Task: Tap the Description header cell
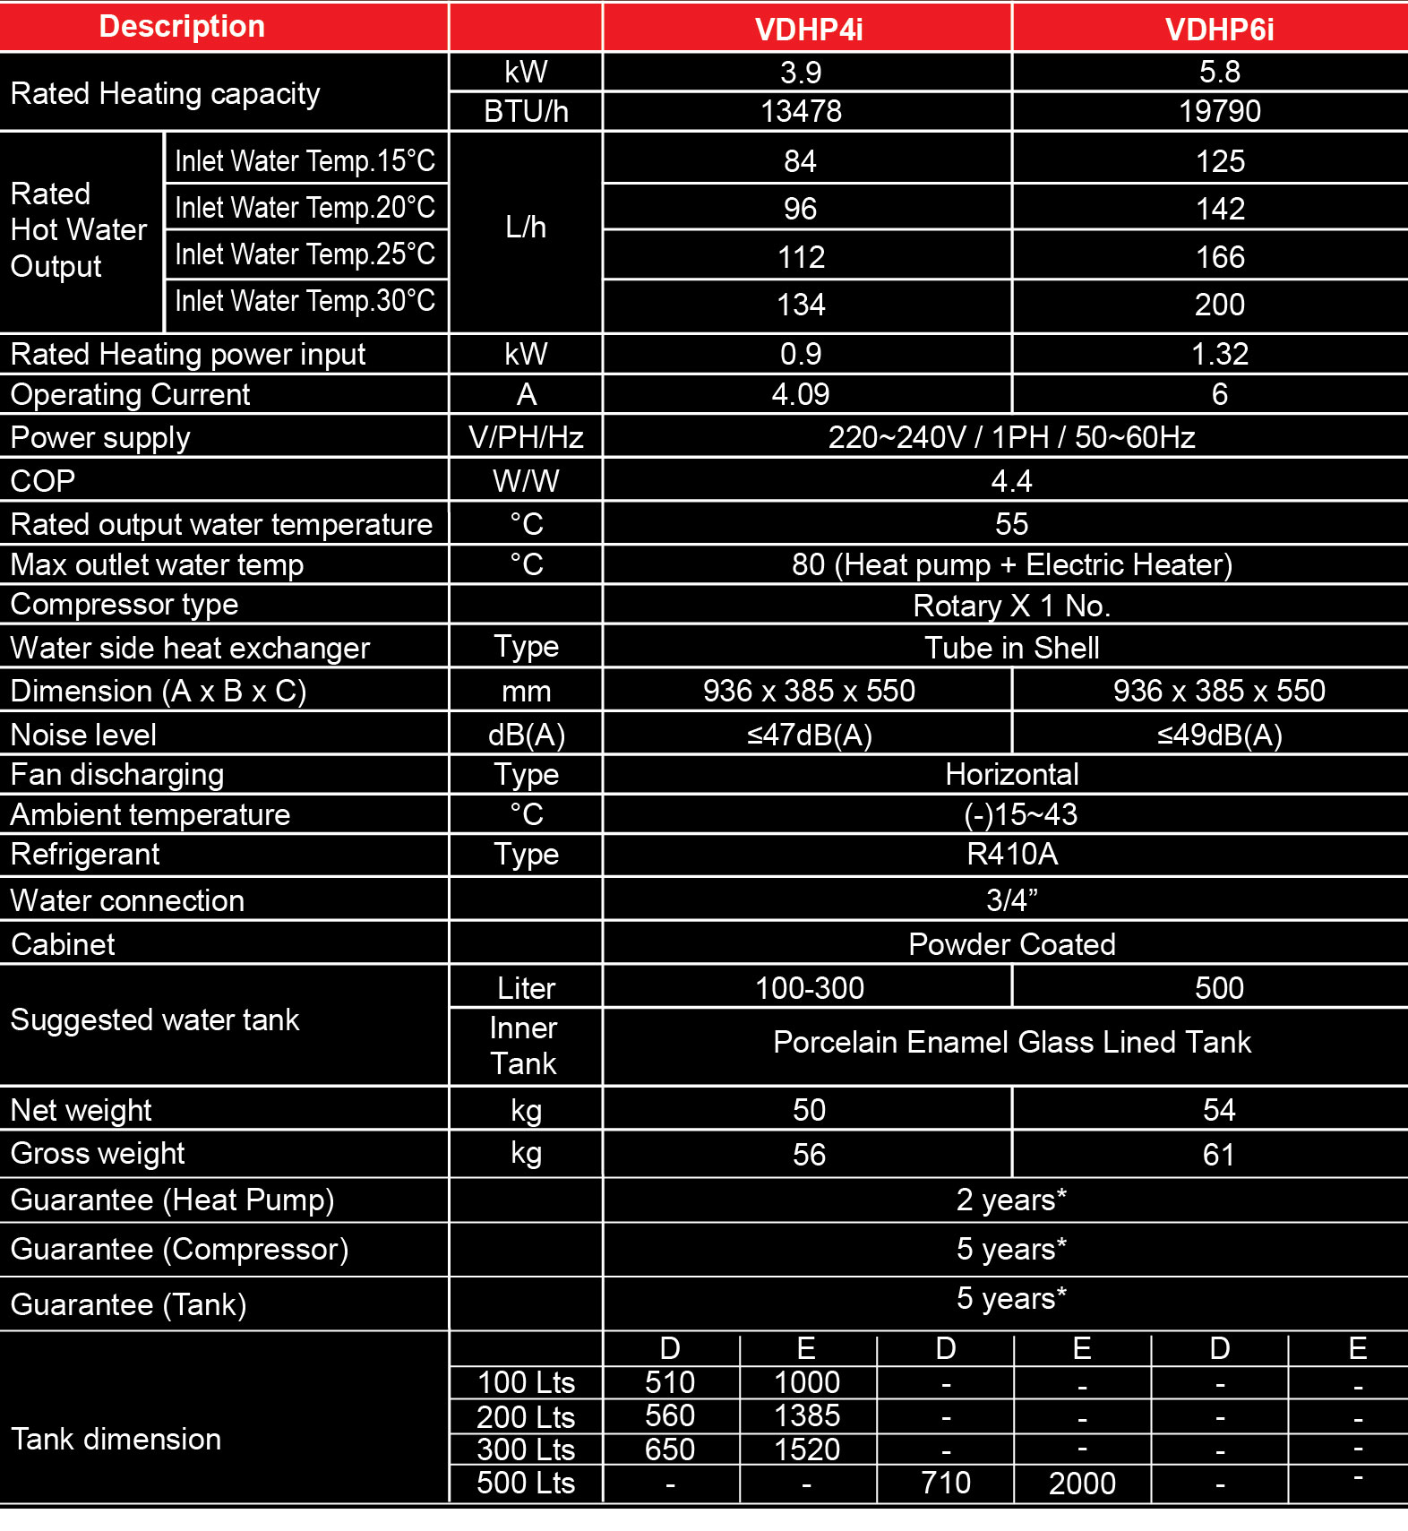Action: [x=182, y=27]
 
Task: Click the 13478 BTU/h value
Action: [x=801, y=111]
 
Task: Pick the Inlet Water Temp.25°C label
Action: [x=305, y=254]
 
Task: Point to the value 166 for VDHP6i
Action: [x=1220, y=258]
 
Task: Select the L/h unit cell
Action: [x=526, y=228]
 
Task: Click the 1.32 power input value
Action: [x=1219, y=355]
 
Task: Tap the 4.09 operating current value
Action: [x=801, y=395]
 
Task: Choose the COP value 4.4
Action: [x=1011, y=482]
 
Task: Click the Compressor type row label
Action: [x=124, y=605]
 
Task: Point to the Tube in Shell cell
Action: [x=1011, y=648]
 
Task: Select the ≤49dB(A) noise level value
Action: [x=1219, y=735]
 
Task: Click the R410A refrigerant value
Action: [x=1011, y=855]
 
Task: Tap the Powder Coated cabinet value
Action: [x=1011, y=944]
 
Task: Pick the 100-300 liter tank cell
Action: [x=809, y=988]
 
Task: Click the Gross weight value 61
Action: [x=1219, y=1155]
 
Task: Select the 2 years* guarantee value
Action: [x=1011, y=1200]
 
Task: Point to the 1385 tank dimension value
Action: [x=807, y=1416]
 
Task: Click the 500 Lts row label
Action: [x=526, y=1484]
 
